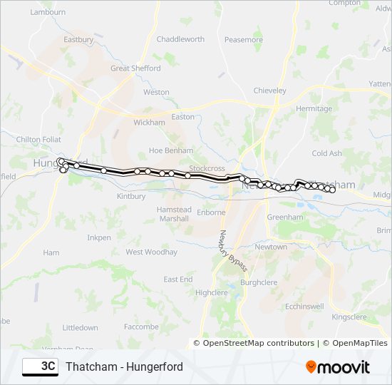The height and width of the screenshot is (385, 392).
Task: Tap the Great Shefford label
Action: [x=135, y=68]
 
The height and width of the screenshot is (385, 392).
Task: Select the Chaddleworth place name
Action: [x=180, y=39]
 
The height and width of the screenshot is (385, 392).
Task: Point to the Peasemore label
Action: [x=244, y=40]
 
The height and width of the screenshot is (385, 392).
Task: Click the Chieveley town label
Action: [x=270, y=91]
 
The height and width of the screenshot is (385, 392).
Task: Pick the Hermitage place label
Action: [x=314, y=108]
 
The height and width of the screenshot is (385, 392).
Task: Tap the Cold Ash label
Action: [x=327, y=153]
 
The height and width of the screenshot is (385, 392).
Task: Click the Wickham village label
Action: [x=149, y=123]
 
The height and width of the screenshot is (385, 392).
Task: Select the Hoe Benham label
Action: [x=170, y=150]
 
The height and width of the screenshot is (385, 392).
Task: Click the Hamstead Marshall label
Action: [x=174, y=215]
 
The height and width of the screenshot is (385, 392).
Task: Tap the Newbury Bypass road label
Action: [x=232, y=250]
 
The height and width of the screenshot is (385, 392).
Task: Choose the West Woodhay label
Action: [x=151, y=252]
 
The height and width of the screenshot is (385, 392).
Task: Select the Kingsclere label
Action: [x=349, y=315]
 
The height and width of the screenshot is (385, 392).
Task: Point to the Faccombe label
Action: [x=141, y=327]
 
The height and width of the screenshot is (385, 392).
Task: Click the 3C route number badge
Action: [x=41, y=366]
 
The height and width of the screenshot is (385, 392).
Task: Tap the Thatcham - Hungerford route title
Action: [x=124, y=366]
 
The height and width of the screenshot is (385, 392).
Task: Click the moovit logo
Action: [x=338, y=367]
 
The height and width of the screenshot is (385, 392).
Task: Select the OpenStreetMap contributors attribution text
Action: [x=259, y=343]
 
